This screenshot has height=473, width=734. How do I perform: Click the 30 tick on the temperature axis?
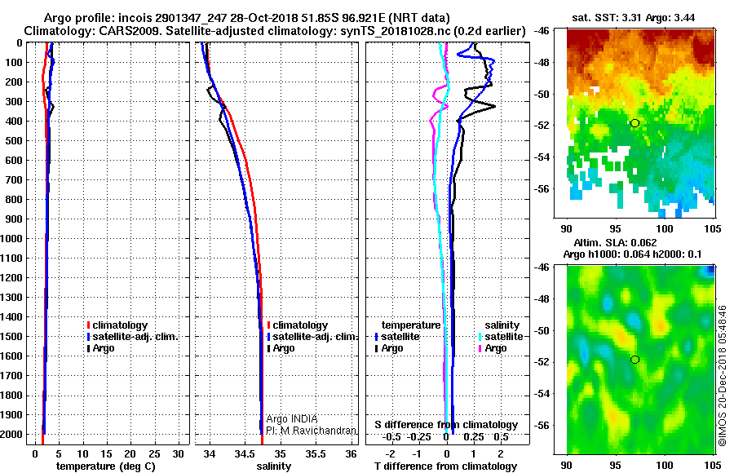pos(178,453)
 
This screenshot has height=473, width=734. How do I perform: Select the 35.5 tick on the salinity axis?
pos(316,453)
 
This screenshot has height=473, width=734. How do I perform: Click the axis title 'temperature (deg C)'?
pos(105,466)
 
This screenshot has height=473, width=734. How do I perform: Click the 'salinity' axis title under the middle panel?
pos(274,466)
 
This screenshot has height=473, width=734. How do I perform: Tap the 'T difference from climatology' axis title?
pos(446,466)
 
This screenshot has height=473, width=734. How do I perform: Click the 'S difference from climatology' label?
pos(446,424)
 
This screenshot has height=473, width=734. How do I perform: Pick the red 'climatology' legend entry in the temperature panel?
pos(117,325)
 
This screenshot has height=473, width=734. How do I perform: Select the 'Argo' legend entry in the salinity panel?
pos(281,348)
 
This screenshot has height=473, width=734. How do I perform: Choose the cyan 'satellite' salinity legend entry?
pos(501,336)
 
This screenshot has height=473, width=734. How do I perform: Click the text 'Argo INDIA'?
pos(292,418)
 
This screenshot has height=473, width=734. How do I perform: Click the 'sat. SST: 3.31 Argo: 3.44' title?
pos(634,18)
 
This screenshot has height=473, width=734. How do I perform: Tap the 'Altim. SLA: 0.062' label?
pos(615,242)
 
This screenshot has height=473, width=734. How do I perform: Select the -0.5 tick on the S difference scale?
pos(391,437)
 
